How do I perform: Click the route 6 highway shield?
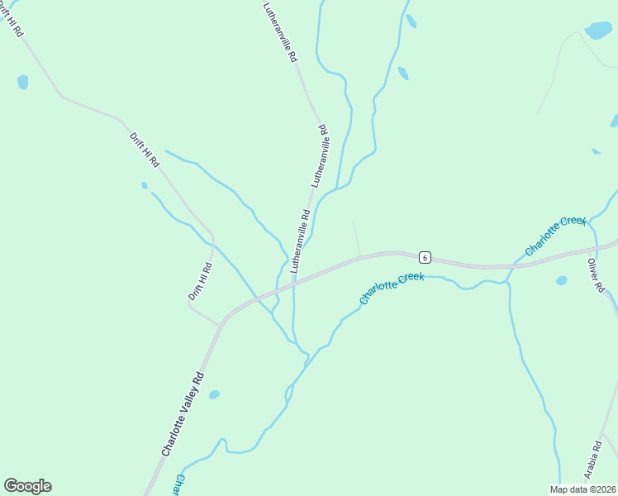tap(424, 256)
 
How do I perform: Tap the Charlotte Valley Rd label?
tap(183, 413)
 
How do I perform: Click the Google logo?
tap(27, 485)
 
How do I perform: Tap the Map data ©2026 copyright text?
tap(582, 489)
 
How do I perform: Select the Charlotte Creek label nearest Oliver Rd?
tap(555, 236)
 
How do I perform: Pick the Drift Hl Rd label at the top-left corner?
tap(13, 18)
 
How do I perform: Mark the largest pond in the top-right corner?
tap(598, 31)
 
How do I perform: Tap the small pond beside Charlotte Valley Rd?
tap(214, 394)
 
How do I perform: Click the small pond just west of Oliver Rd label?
tap(562, 281)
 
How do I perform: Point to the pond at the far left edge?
tap(22, 82)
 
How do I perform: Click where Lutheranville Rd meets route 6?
tap(293, 284)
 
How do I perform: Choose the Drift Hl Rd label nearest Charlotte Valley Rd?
tap(200, 280)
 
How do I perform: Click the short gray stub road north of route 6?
tap(356, 238)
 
